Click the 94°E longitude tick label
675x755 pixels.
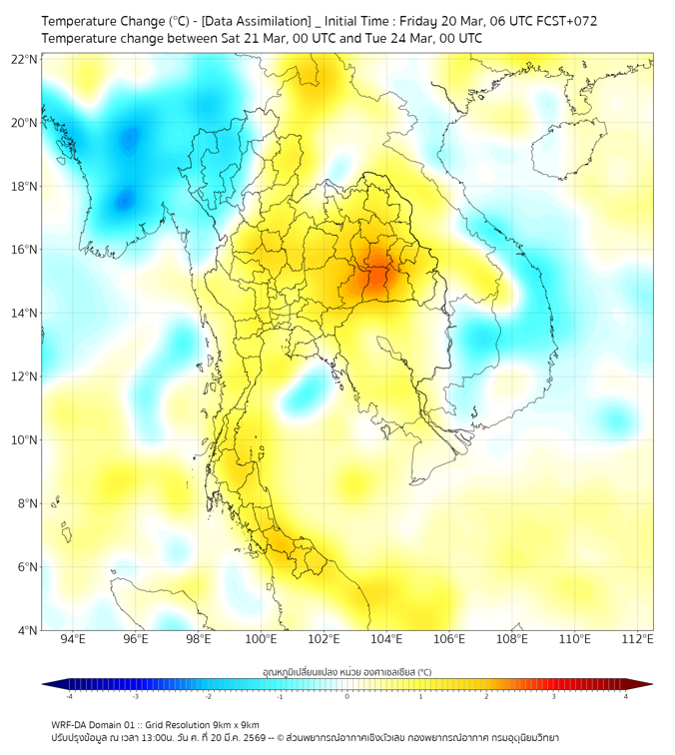coord(73,640)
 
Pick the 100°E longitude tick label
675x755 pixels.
coord(262,640)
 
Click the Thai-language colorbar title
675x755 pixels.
coord(346,672)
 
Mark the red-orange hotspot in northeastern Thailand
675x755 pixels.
coord(375,276)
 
